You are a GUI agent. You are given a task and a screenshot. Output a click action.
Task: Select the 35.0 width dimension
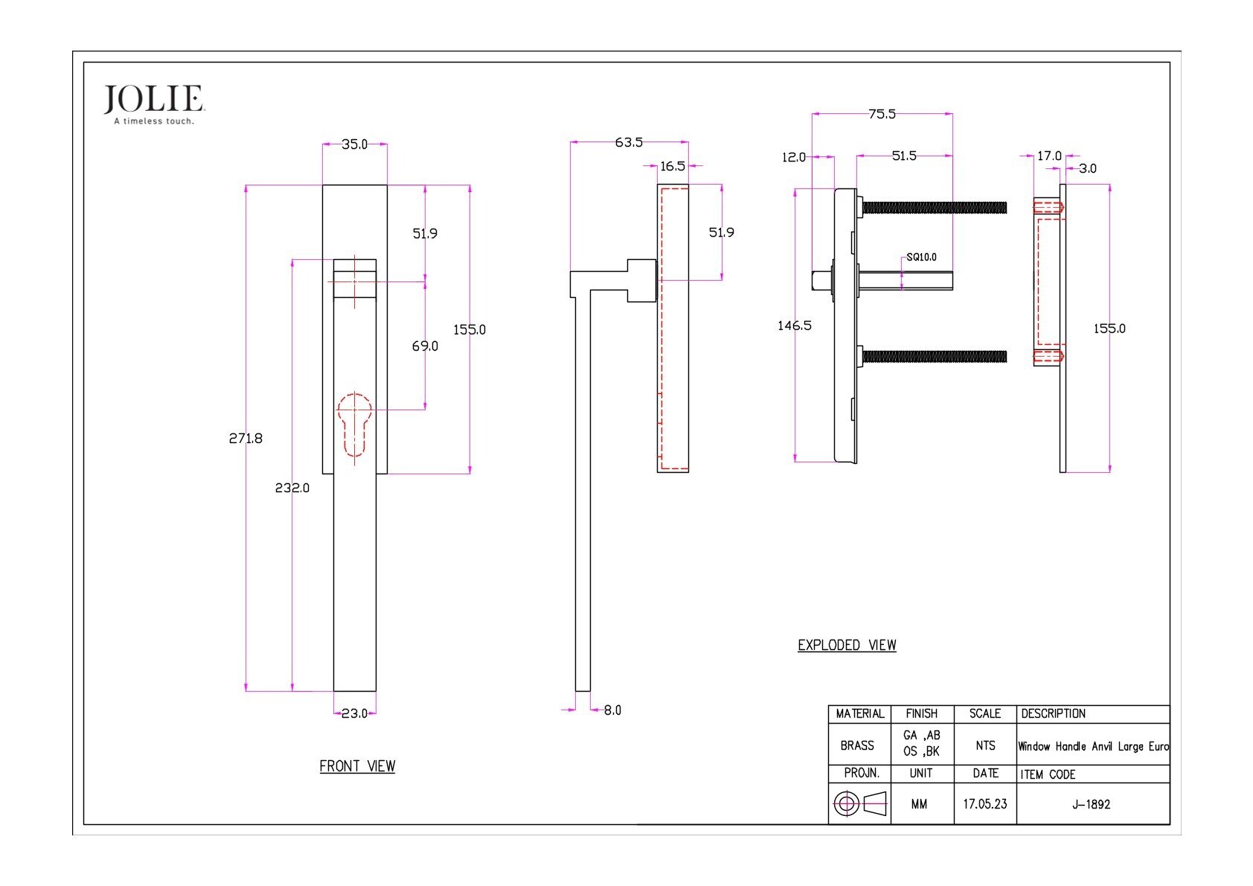point(354,144)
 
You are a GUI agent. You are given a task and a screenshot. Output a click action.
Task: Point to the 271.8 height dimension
point(246,439)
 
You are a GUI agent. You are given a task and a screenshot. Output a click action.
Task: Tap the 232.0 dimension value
point(292,488)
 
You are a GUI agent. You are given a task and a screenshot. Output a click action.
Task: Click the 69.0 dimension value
point(425,346)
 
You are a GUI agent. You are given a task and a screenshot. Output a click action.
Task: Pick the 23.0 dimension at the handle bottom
point(354,713)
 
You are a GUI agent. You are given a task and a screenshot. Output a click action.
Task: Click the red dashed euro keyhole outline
point(354,424)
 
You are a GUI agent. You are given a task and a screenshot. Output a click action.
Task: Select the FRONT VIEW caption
point(357,766)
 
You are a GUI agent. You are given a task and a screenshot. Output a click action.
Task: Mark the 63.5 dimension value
point(629,142)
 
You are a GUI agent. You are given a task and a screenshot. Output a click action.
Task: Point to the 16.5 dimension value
point(673,166)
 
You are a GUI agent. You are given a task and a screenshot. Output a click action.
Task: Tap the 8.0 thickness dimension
point(612,710)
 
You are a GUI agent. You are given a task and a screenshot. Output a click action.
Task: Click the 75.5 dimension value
point(882,114)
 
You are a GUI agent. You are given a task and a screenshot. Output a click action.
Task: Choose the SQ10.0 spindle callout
point(921,257)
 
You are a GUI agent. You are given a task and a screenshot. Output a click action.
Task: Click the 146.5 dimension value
point(795,325)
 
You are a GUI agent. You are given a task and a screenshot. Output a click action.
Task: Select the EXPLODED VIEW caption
point(847,645)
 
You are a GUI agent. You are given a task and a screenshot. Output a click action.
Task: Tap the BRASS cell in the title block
point(857,745)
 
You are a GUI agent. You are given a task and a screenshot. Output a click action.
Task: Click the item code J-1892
point(1091,804)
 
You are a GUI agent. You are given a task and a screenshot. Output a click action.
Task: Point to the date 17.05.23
point(984,804)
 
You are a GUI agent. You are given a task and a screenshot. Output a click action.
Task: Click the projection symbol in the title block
point(860,803)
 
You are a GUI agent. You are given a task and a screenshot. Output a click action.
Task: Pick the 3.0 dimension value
point(1087,168)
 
